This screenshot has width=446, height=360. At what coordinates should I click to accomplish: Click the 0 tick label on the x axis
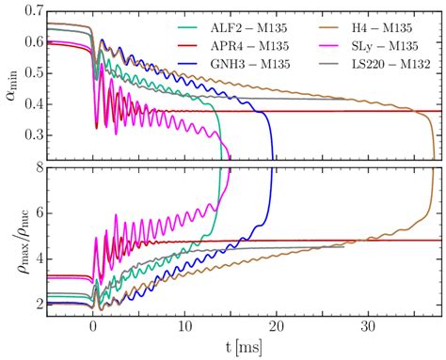pyautogui.click(x=92, y=328)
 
